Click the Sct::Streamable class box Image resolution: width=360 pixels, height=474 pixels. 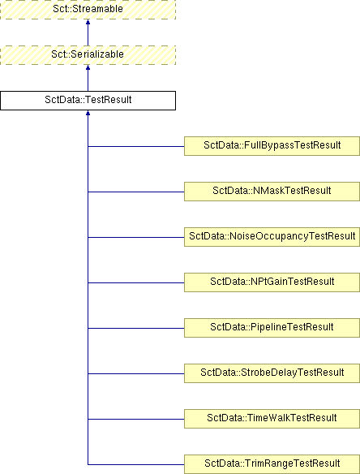(x=88, y=10)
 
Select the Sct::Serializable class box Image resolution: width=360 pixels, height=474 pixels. (x=88, y=55)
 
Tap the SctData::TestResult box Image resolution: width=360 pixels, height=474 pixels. (x=88, y=101)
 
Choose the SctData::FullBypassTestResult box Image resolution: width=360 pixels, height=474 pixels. (x=272, y=146)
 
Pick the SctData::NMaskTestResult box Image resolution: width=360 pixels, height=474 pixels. (x=272, y=192)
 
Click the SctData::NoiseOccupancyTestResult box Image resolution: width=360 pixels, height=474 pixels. (x=272, y=237)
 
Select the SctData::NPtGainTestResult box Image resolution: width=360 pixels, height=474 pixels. (x=272, y=282)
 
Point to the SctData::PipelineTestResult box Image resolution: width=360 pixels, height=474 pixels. (x=272, y=328)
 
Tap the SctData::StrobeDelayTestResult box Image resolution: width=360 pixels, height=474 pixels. (x=272, y=373)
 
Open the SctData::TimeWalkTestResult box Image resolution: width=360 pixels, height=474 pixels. (x=272, y=419)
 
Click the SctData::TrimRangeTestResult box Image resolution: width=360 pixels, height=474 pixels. (x=272, y=464)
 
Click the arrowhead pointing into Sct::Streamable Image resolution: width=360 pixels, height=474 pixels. (x=88, y=22)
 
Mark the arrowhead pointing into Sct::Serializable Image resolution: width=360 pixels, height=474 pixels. (x=88, y=67)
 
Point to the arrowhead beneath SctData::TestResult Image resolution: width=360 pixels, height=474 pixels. (x=88, y=113)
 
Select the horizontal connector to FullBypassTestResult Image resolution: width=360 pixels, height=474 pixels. (x=136, y=147)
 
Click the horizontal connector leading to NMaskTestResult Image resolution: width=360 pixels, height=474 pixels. (x=136, y=192)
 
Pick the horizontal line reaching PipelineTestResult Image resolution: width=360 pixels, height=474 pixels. (x=136, y=328)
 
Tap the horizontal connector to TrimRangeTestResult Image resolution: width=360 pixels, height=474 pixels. (x=136, y=464)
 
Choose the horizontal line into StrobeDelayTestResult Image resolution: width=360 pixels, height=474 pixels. (x=136, y=373)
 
